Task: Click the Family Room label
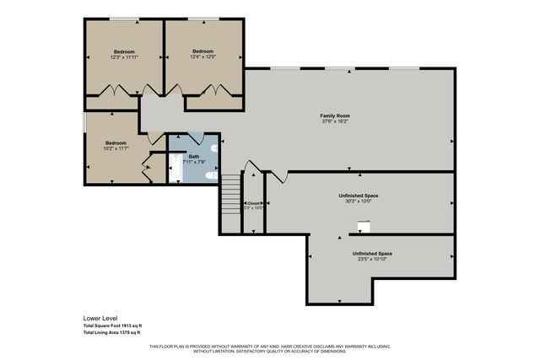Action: (x=334, y=116)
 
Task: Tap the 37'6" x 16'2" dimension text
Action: (x=334, y=121)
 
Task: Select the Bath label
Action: (x=194, y=157)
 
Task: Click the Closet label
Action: (x=254, y=203)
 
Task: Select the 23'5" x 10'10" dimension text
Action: (x=372, y=259)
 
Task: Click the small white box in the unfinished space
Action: (x=363, y=226)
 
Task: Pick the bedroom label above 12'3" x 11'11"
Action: (x=123, y=51)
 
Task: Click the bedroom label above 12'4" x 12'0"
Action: (x=202, y=51)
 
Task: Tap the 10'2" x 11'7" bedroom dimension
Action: (x=116, y=149)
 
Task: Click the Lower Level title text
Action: (x=101, y=319)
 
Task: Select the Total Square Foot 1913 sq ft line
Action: (x=112, y=325)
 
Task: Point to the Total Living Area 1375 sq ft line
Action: (x=112, y=333)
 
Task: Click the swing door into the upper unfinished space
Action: (x=279, y=176)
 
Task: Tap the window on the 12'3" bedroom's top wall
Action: (x=124, y=19)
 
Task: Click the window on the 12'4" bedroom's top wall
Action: (x=202, y=19)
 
